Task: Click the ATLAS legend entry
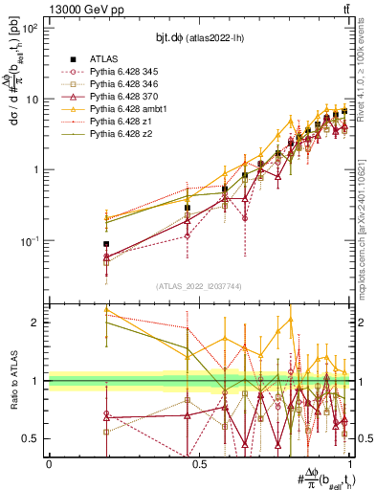pos(104,56)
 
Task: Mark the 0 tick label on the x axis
pos(49,464)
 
